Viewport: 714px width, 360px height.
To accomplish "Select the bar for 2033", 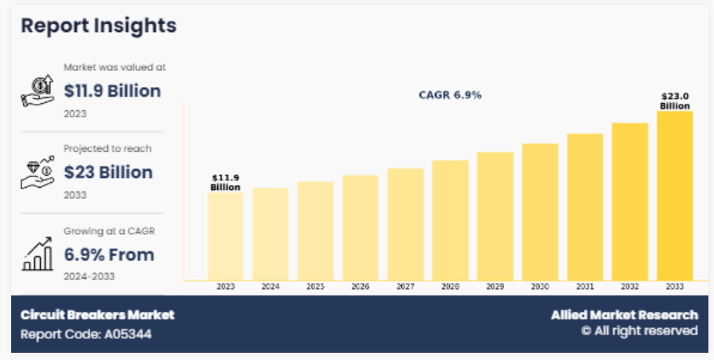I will click(674, 196).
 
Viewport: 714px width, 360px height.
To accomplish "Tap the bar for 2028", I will click(450, 220).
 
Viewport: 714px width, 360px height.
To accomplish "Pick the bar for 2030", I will click(540, 212).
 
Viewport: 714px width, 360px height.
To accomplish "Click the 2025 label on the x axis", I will click(315, 286).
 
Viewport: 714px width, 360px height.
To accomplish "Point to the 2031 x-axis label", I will click(585, 286).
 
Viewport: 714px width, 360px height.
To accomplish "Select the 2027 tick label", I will click(405, 286).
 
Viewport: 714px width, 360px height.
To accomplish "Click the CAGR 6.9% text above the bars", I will click(450, 95).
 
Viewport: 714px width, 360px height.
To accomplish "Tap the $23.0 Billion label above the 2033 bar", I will click(675, 101).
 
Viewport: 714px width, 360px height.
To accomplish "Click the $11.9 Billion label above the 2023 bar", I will click(225, 182).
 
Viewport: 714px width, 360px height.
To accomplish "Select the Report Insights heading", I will click(98, 26).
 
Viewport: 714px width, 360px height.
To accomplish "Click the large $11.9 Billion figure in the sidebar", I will click(112, 90).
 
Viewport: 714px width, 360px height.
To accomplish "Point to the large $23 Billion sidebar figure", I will click(108, 172).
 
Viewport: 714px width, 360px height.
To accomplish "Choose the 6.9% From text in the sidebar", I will click(109, 255).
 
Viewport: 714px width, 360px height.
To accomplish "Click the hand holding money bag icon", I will click(37, 91).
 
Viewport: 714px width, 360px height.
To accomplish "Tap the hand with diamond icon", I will click(37, 172).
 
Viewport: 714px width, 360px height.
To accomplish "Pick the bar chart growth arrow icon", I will click(37, 254).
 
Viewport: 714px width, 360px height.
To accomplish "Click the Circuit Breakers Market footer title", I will click(97, 315).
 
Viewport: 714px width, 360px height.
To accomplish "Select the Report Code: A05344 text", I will click(85, 334).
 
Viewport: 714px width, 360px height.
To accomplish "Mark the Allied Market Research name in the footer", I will click(624, 315).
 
